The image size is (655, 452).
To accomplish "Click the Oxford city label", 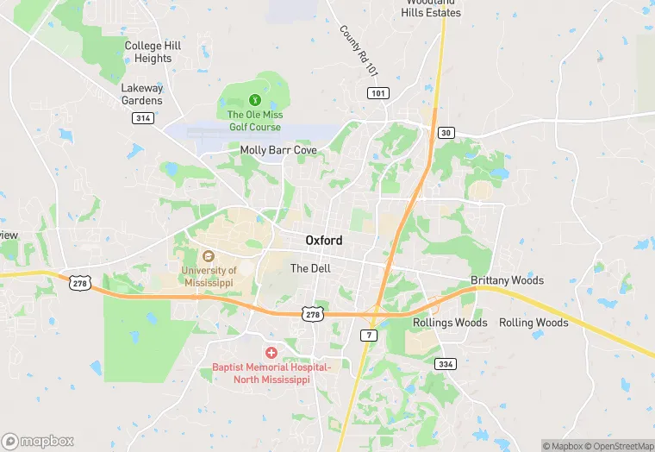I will click(x=324, y=241).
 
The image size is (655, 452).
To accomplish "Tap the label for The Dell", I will click(x=310, y=268).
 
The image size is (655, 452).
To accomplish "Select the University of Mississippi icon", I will click(x=208, y=256).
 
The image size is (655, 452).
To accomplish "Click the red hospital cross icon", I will click(x=271, y=353).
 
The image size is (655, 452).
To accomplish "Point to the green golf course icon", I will click(x=254, y=100).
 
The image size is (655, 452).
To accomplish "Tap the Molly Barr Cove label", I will click(x=278, y=150).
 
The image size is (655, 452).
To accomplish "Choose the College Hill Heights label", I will click(x=153, y=52).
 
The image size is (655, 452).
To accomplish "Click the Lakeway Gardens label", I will click(x=142, y=94).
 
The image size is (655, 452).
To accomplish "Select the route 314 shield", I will click(x=143, y=118).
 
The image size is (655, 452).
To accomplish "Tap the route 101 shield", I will click(x=377, y=92).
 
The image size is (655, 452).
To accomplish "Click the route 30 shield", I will click(x=445, y=132).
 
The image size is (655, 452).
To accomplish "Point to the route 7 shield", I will click(x=368, y=334).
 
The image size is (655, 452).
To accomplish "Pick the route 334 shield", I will click(x=445, y=363).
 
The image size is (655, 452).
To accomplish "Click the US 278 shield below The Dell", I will click(x=313, y=315).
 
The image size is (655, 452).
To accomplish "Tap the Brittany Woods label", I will click(x=508, y=280).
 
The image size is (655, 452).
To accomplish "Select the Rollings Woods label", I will click(x=450, y=323).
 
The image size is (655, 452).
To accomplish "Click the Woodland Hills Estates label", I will click(x=431, y=9).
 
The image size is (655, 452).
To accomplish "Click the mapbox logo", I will click(x=38, y=441).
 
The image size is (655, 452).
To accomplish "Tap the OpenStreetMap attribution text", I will click(x=618, y=446).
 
